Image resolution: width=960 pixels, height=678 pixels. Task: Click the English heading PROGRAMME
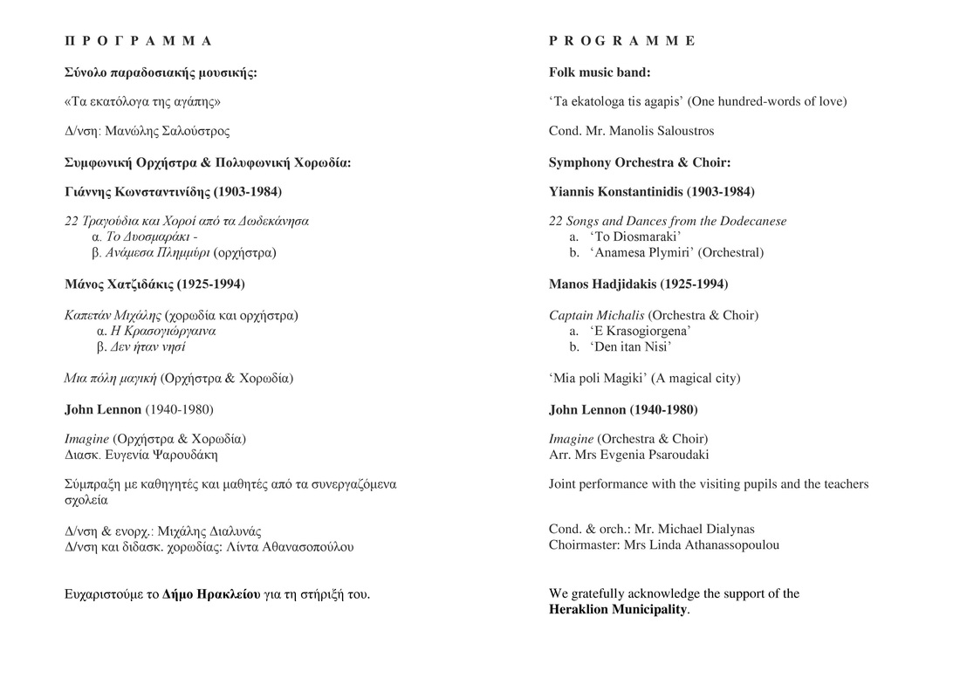coord(622,41)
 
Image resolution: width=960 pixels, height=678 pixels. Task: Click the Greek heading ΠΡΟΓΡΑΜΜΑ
coord(139,41)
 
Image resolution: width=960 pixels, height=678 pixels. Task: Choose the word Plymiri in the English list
coord(669,252)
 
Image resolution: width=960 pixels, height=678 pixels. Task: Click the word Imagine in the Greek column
coord(87,439)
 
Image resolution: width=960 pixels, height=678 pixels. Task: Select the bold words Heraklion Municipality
coord(618,609)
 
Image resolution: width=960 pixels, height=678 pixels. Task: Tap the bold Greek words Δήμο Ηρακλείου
coord(211,594)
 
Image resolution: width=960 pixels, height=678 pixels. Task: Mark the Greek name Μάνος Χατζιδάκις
coord(119,284)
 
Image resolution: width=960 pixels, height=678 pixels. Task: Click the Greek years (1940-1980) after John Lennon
coord(179,409)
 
